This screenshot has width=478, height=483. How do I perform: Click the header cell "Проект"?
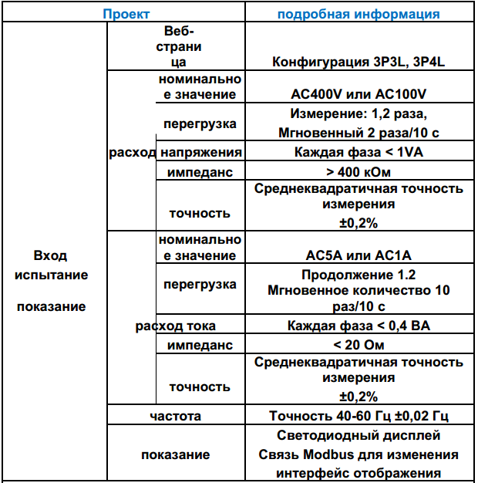127,13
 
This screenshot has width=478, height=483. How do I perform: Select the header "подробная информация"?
358,13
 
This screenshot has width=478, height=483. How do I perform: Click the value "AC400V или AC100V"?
358,94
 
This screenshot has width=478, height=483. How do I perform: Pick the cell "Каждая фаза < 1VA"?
358,152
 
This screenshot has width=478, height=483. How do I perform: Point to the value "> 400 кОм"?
358,171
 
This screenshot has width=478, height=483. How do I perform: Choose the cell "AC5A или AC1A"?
358,255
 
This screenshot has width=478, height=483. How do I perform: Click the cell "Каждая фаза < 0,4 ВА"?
358,326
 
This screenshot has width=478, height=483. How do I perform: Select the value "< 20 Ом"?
358,345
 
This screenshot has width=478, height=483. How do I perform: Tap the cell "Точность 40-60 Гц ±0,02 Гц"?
358,416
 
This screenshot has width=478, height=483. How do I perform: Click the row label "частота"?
176,416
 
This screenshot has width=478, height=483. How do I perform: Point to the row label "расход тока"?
176,326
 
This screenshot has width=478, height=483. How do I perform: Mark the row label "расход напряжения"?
176,152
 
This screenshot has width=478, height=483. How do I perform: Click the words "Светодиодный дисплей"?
358,436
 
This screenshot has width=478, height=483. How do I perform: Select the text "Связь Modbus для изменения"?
358,454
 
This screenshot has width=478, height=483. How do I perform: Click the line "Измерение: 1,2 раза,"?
358,114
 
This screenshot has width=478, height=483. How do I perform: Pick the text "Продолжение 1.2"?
358,275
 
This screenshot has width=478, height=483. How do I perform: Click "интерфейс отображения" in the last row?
358,473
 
